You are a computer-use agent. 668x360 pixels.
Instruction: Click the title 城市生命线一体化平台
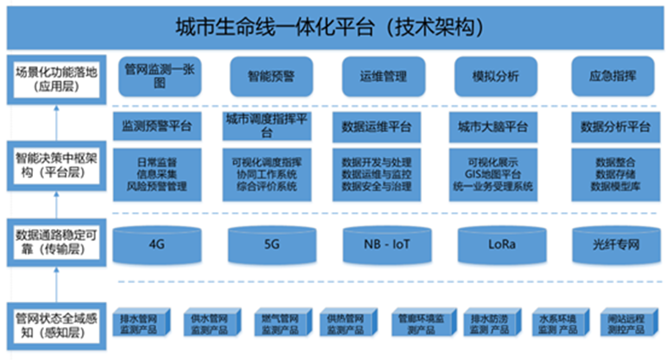click(334, 26)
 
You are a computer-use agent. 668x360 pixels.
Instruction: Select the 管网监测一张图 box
click(157, 76)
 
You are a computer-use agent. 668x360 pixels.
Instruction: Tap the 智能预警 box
click(271, 76)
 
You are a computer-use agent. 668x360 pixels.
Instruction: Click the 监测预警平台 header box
click(157, 127)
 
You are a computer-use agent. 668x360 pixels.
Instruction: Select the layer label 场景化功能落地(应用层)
click(57, 78)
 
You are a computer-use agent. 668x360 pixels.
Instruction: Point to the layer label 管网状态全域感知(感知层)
click(57, 326)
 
